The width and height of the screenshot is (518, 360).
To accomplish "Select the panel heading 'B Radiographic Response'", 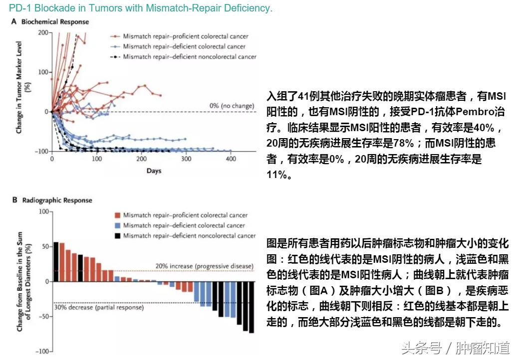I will pyautogui.click(x=51, y=200).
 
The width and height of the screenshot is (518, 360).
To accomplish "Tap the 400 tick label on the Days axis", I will pyautogui.click(x=231, y=159).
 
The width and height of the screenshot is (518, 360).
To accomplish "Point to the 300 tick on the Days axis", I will pyautogui.click(x=186, y=159).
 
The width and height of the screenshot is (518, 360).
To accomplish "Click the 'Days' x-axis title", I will pyautogui.click(x=154, y=171).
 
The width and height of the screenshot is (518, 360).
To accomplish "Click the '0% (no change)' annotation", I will pyautogui.click(x=232, y=106).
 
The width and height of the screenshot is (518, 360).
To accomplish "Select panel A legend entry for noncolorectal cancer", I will pyautogui.click(x=190, y=57).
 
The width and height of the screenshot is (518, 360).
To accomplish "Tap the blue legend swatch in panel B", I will pyautogui.click(x=117, y=226).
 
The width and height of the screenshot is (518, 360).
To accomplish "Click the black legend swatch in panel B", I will pyautogui.click(x=117, y=236).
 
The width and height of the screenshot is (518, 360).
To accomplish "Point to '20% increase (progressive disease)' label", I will pyautogui.click(x=204, y=266).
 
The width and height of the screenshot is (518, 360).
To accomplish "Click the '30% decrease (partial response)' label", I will pyautogui.click(x=99, y=308).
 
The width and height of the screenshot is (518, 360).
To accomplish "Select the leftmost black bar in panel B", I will pyautogui.click(x=56, y=262).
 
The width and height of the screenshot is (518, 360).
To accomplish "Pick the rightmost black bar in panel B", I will pyautogui.click(x=252, y=307).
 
